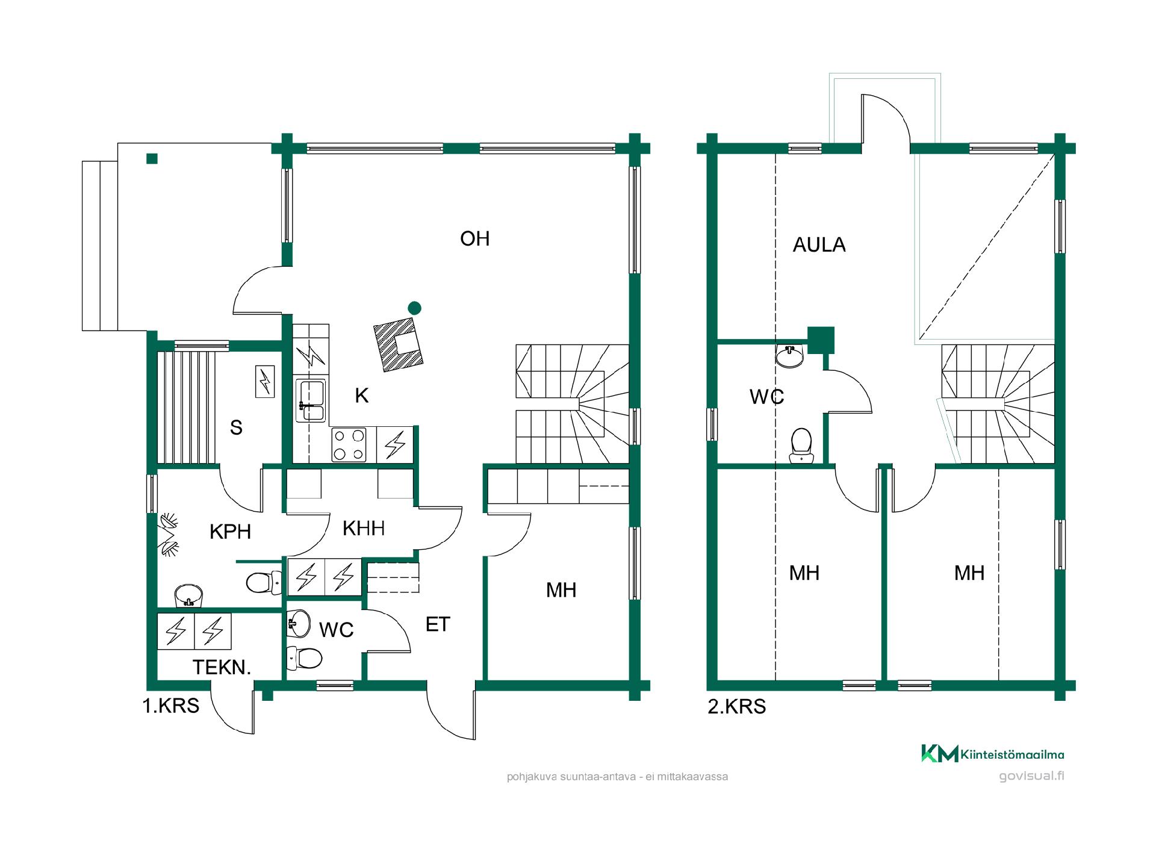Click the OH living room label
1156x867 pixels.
(x=474, y=239)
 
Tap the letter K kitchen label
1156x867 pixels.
(x=361, y=396)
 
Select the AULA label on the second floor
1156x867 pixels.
(x=819, y=245)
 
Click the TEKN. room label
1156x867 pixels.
(x=222, y=667)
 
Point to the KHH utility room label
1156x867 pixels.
(x=364, y=529)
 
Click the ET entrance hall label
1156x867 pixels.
(x=438, y=625)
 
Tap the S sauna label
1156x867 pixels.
(x=236, y=427)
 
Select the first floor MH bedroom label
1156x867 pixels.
(x=561, y=591)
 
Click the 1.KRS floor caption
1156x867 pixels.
(x=170, y=706)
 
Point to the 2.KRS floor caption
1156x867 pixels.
(x=737, y=706)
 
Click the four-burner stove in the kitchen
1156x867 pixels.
(x=349, y=444)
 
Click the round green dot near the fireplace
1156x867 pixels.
(x=414, y=308)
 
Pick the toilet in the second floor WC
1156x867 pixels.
(x=801, y=446)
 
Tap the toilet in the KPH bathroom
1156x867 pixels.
(x=264, y=583)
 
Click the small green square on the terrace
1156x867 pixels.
(x=152, y=159)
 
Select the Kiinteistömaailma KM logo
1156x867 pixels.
(x=993, y=754)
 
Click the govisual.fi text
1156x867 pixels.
(x=1031, y=775)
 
